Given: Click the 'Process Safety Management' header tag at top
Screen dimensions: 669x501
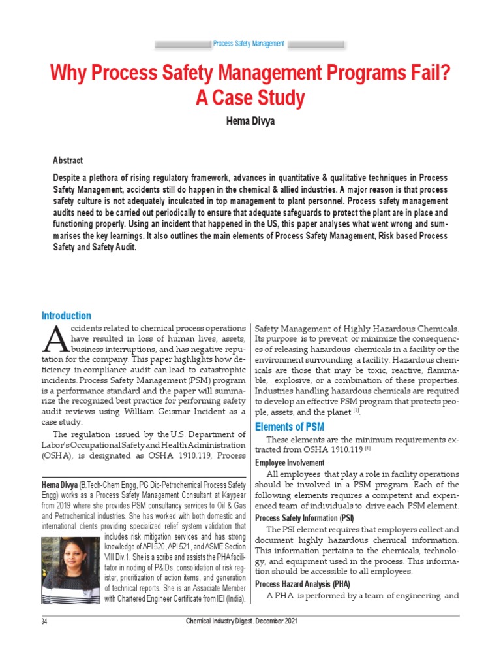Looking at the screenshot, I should click(x=249, y=44).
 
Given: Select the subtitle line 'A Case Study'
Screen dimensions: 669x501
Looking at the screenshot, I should click(x=250, y=99).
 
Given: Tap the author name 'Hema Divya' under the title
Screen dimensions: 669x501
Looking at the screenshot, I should click(x=250, y=122).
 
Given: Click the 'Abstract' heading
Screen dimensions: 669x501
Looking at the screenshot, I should click(x=68, y=161).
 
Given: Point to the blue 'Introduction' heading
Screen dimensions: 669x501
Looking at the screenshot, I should click(x=66, y=316).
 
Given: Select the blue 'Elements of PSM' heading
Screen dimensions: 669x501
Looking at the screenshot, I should click(x=289, y=427).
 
